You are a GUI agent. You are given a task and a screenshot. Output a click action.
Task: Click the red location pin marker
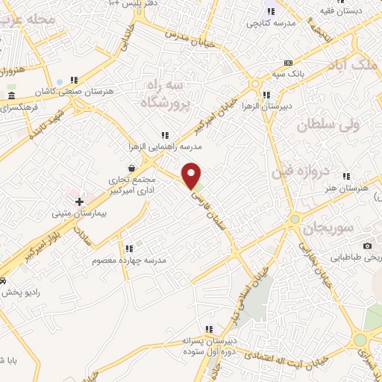[192, 176]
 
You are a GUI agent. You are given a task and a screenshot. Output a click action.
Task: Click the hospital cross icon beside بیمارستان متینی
[79, 201]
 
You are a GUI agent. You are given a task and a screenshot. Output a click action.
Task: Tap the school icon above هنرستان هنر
[345, 177]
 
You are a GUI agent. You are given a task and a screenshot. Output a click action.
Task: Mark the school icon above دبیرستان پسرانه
[210, 329]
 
